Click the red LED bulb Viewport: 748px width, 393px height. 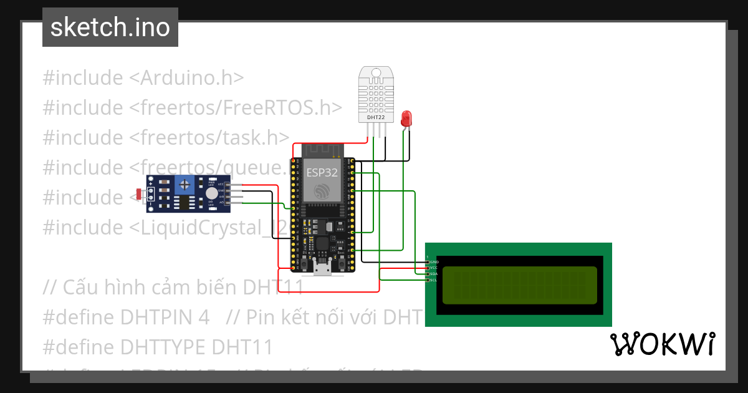(406, 117)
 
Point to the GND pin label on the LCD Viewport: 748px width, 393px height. (434, 262)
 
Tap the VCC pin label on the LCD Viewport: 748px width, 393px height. (434, 268)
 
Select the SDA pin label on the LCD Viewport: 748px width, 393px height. (434, 274)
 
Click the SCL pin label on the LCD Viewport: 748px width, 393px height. (434, 280)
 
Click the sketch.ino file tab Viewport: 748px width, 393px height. (110, 27)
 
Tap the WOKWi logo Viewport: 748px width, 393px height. (662, 344)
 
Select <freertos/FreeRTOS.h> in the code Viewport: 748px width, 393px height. (236, 107)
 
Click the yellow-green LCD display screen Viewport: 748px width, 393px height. (519, 285)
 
